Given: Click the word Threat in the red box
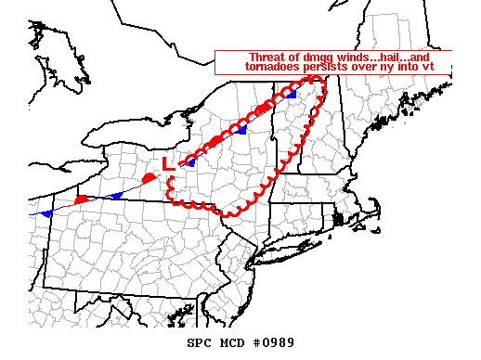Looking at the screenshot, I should pyautogui.click(x=266, y=56).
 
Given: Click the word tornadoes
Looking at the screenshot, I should pyautogui.click(x=274, y=67).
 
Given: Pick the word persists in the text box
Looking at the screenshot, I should pyautogui.click(x=327, y=67).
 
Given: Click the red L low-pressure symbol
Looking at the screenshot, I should pyautogui.click(x=167, y=163).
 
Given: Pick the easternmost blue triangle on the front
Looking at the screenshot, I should pyautogui.click(x=291, y=95).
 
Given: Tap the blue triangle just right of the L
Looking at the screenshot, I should pyautogui.click(x=190, y=161).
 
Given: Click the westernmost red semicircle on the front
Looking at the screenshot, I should pyautogui.click(x=82, y=199).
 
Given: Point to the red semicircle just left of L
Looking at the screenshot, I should pyautogui.click(x=149, y=177).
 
